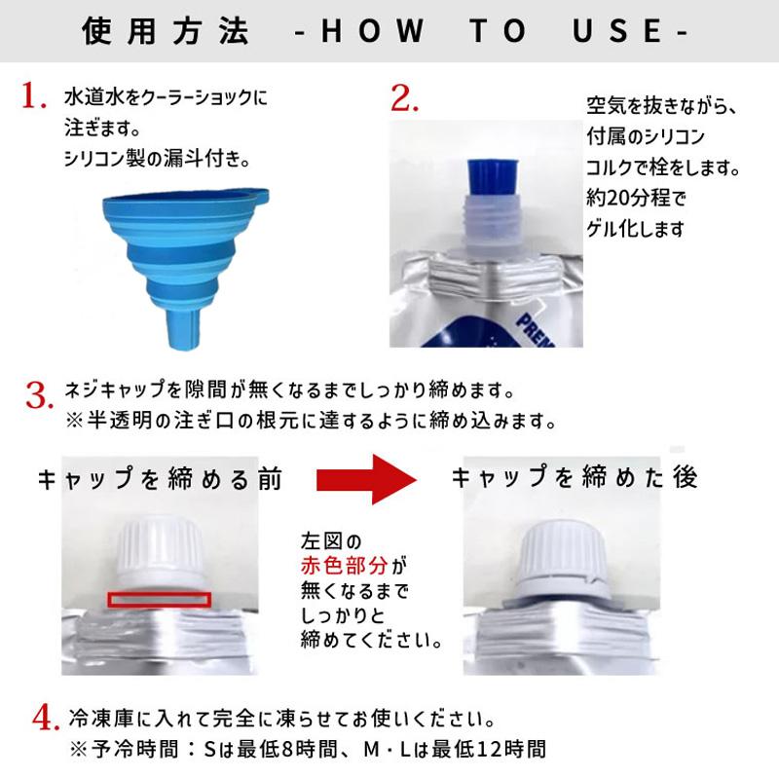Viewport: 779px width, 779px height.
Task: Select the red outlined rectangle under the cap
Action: [x=160, y=598]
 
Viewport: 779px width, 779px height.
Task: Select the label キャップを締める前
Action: [x=160, y=478]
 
